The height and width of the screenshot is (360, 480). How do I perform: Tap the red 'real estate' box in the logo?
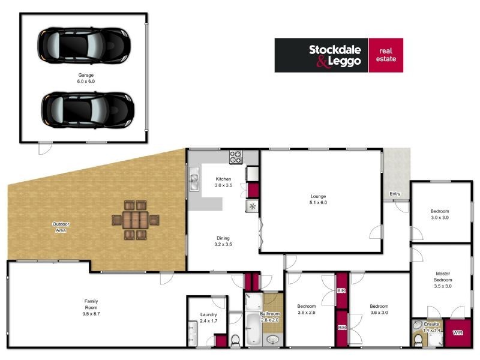pyautogui.click(x=385, y=55)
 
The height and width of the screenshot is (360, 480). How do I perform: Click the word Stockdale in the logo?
pyautogui.click(x=336, y=50)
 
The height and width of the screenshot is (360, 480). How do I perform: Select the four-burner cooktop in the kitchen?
pyautogui.click(x=236, y=158)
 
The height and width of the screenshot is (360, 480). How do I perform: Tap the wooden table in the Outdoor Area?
pyautogui.click(x=137, y=220)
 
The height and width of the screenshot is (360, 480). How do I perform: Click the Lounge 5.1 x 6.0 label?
pyautogui.click(x=319, y=199)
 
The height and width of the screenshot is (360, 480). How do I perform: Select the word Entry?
pyautogui.click(x=395, y=194)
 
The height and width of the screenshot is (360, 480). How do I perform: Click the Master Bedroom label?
pyautogui.click(x=442, y=280)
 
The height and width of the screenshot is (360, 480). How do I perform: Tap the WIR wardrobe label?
pyautogui.click(x=457, y=332)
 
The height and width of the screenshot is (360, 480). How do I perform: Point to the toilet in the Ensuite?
pyautogui.click(x=418, y=340)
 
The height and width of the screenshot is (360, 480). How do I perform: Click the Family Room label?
pyautogui.click(x=91, y=304)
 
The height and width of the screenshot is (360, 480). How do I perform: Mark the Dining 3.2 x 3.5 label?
pyautogui.click(x=223, y=241)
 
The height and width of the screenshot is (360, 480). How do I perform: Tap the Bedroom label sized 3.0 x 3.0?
pyautogui.click(x=439, y=214)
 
